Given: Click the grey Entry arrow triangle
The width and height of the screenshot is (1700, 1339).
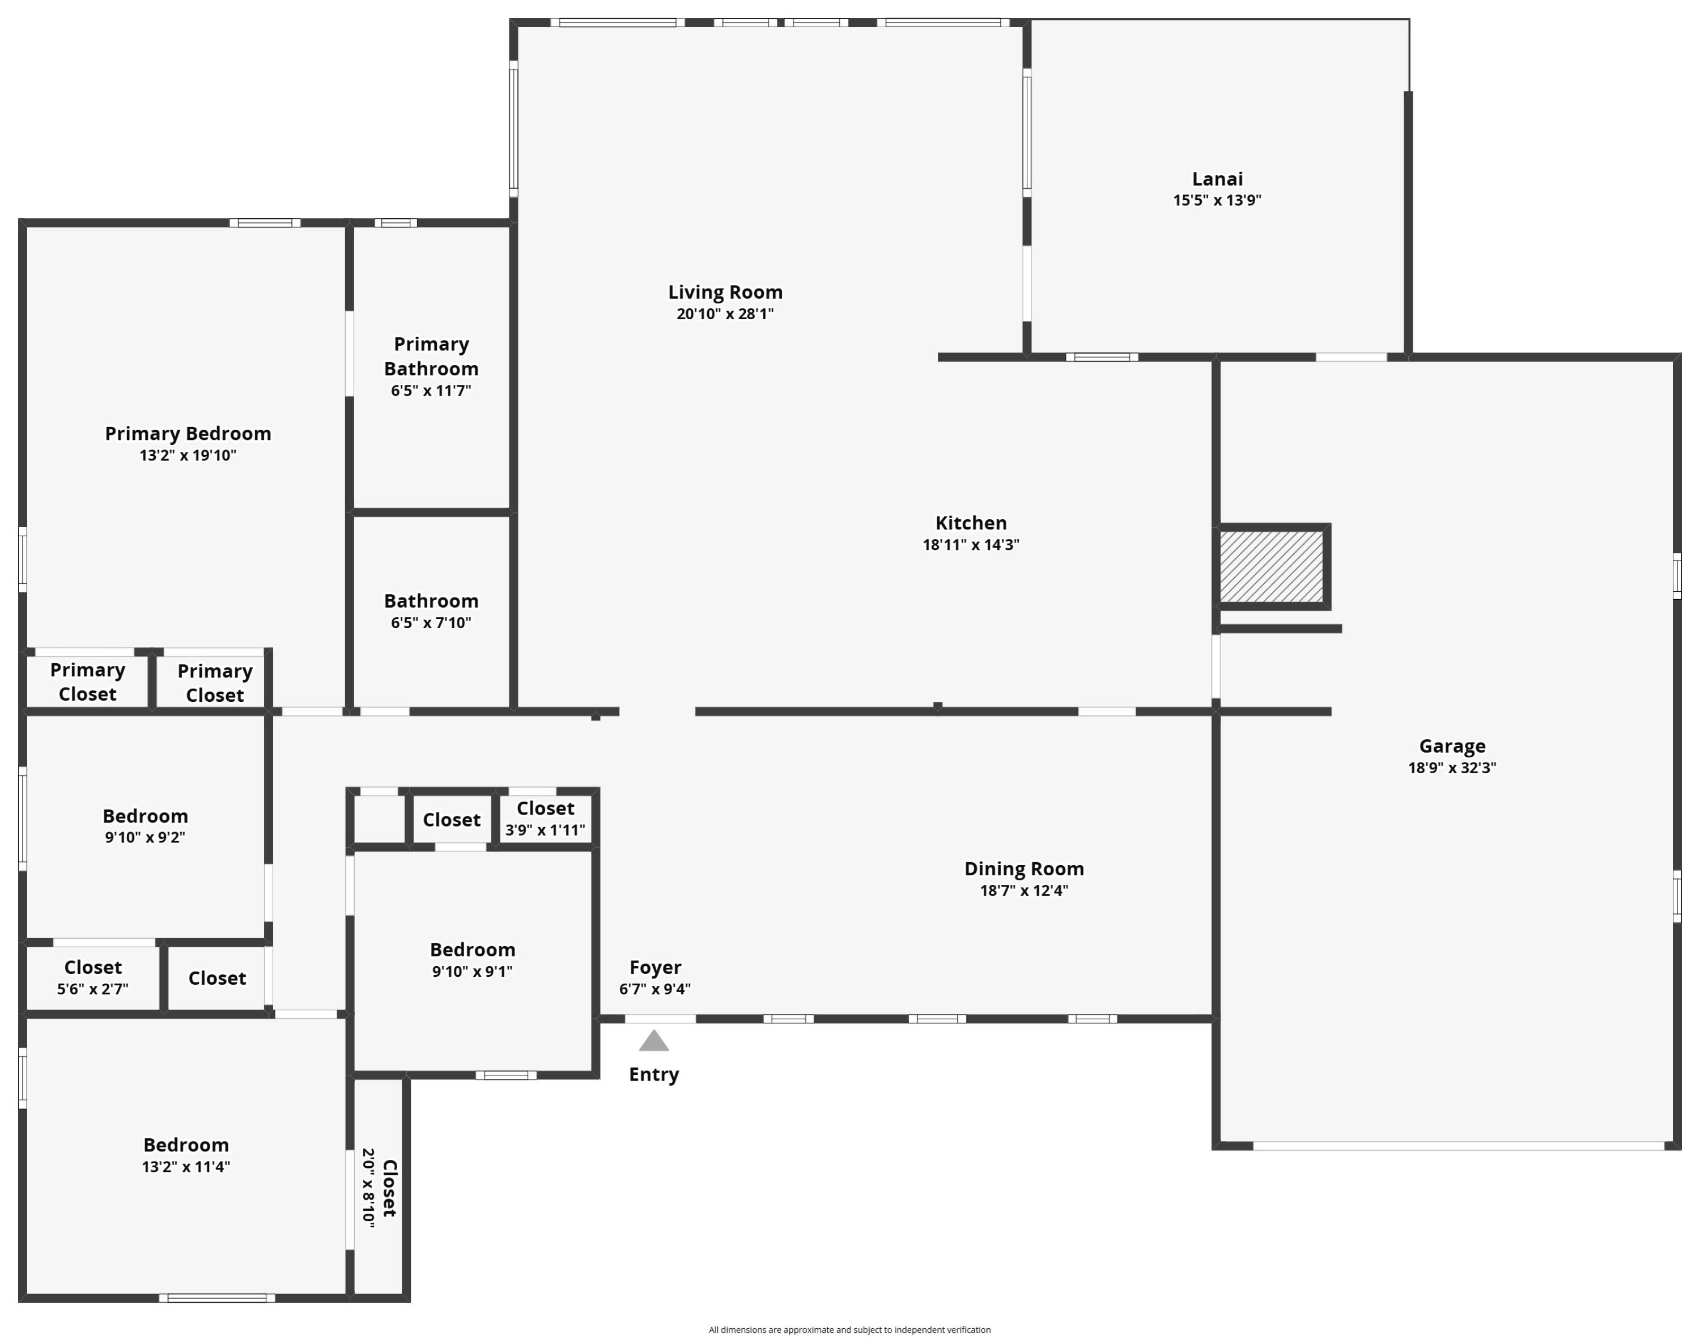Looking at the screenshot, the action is [x=654, y=1041].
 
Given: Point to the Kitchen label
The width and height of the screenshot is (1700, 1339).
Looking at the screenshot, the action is [x=971, y=523].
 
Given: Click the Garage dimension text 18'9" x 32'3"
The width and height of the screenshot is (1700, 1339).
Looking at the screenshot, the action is [x=1452, y=768].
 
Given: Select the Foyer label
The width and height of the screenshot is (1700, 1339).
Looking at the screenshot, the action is [x=655, y=968].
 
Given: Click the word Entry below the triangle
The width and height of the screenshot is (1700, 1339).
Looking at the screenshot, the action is [x=654, y=1075].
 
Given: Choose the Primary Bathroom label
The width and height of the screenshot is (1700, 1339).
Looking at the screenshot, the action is [x=431, y=357].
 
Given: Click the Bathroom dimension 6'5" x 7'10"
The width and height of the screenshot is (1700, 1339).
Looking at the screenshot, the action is [x=431, y=623].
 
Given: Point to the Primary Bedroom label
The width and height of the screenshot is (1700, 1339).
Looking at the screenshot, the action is [x=188, y=434].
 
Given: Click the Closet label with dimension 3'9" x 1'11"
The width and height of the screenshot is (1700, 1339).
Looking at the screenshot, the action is [x=546, y=808].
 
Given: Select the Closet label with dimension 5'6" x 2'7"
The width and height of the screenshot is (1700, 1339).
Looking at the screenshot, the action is [x=92, y=968].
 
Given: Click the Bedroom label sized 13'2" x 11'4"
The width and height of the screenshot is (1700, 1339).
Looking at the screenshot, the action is [x=186, y=1145].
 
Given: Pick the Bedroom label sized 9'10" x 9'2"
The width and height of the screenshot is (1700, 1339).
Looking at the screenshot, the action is [x=145, y=816].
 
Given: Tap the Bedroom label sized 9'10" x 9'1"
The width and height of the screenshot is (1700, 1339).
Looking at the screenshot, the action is [x=473, y=950].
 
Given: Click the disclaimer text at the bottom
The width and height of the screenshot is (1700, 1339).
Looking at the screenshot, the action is [x=849, y=1329].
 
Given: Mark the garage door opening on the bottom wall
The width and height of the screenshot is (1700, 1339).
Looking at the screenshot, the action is [x=1459, y=1146].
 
